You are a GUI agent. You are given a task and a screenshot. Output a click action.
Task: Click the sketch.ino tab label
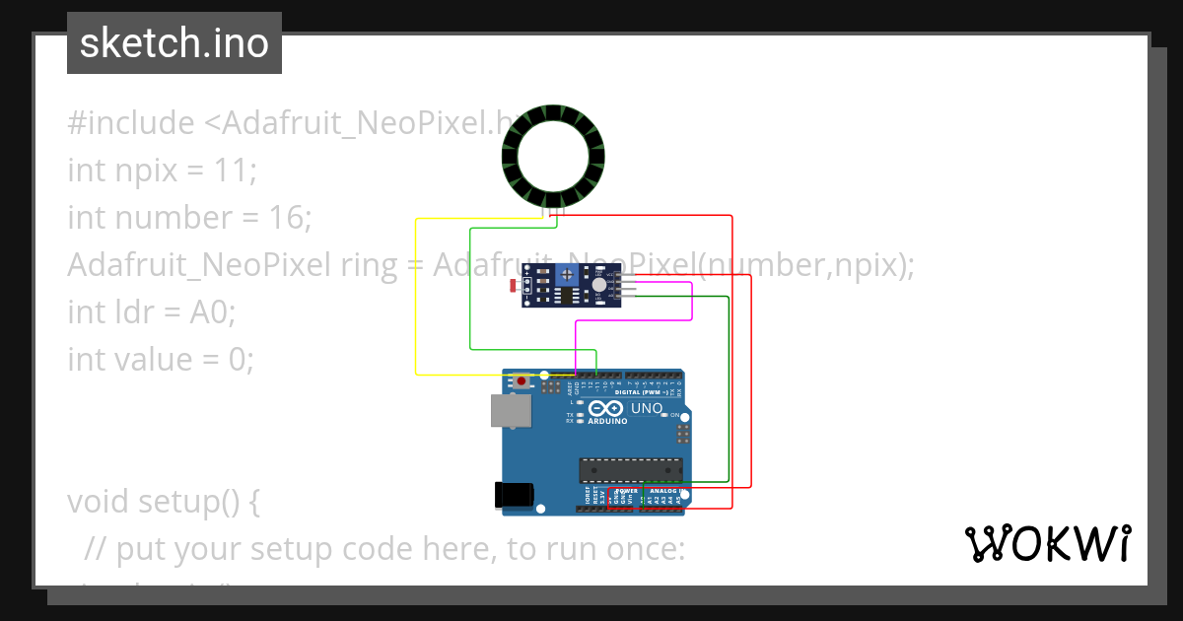click(174, 43)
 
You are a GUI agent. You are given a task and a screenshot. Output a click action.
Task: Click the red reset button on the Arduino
click(521, 379)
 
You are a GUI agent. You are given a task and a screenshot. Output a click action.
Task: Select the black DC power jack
click(515, 495)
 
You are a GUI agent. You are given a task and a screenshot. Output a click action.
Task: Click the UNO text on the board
click(647, 408)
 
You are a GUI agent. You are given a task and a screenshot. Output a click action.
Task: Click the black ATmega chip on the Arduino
click(630, 472)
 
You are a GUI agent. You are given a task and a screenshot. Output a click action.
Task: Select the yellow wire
click(416, 296)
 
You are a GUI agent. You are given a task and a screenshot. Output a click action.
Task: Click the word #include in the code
click(131, 123)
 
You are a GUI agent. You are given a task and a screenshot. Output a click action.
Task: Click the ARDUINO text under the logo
click(607, 421)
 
